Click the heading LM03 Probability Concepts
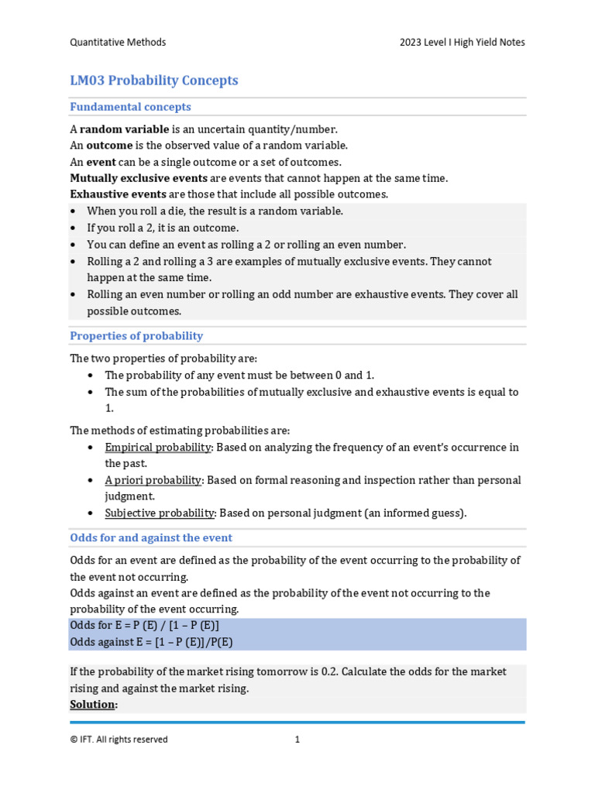click(x=153, y=81)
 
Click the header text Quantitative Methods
click(x=118, y=43)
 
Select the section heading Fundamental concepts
click(x=130, y=107)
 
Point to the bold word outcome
click(x=109, y=146)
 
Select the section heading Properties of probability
click(x=136, y=336)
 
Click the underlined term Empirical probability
click(x=158, y=448)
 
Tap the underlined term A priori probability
click(x=153, y=480)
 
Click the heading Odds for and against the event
click(x=151, y=537)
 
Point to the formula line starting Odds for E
click(x=145, y=626)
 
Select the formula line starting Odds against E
click(x=151, y=642)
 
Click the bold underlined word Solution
click(x=94, y=704)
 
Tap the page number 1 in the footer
click(x=297, y=740)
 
